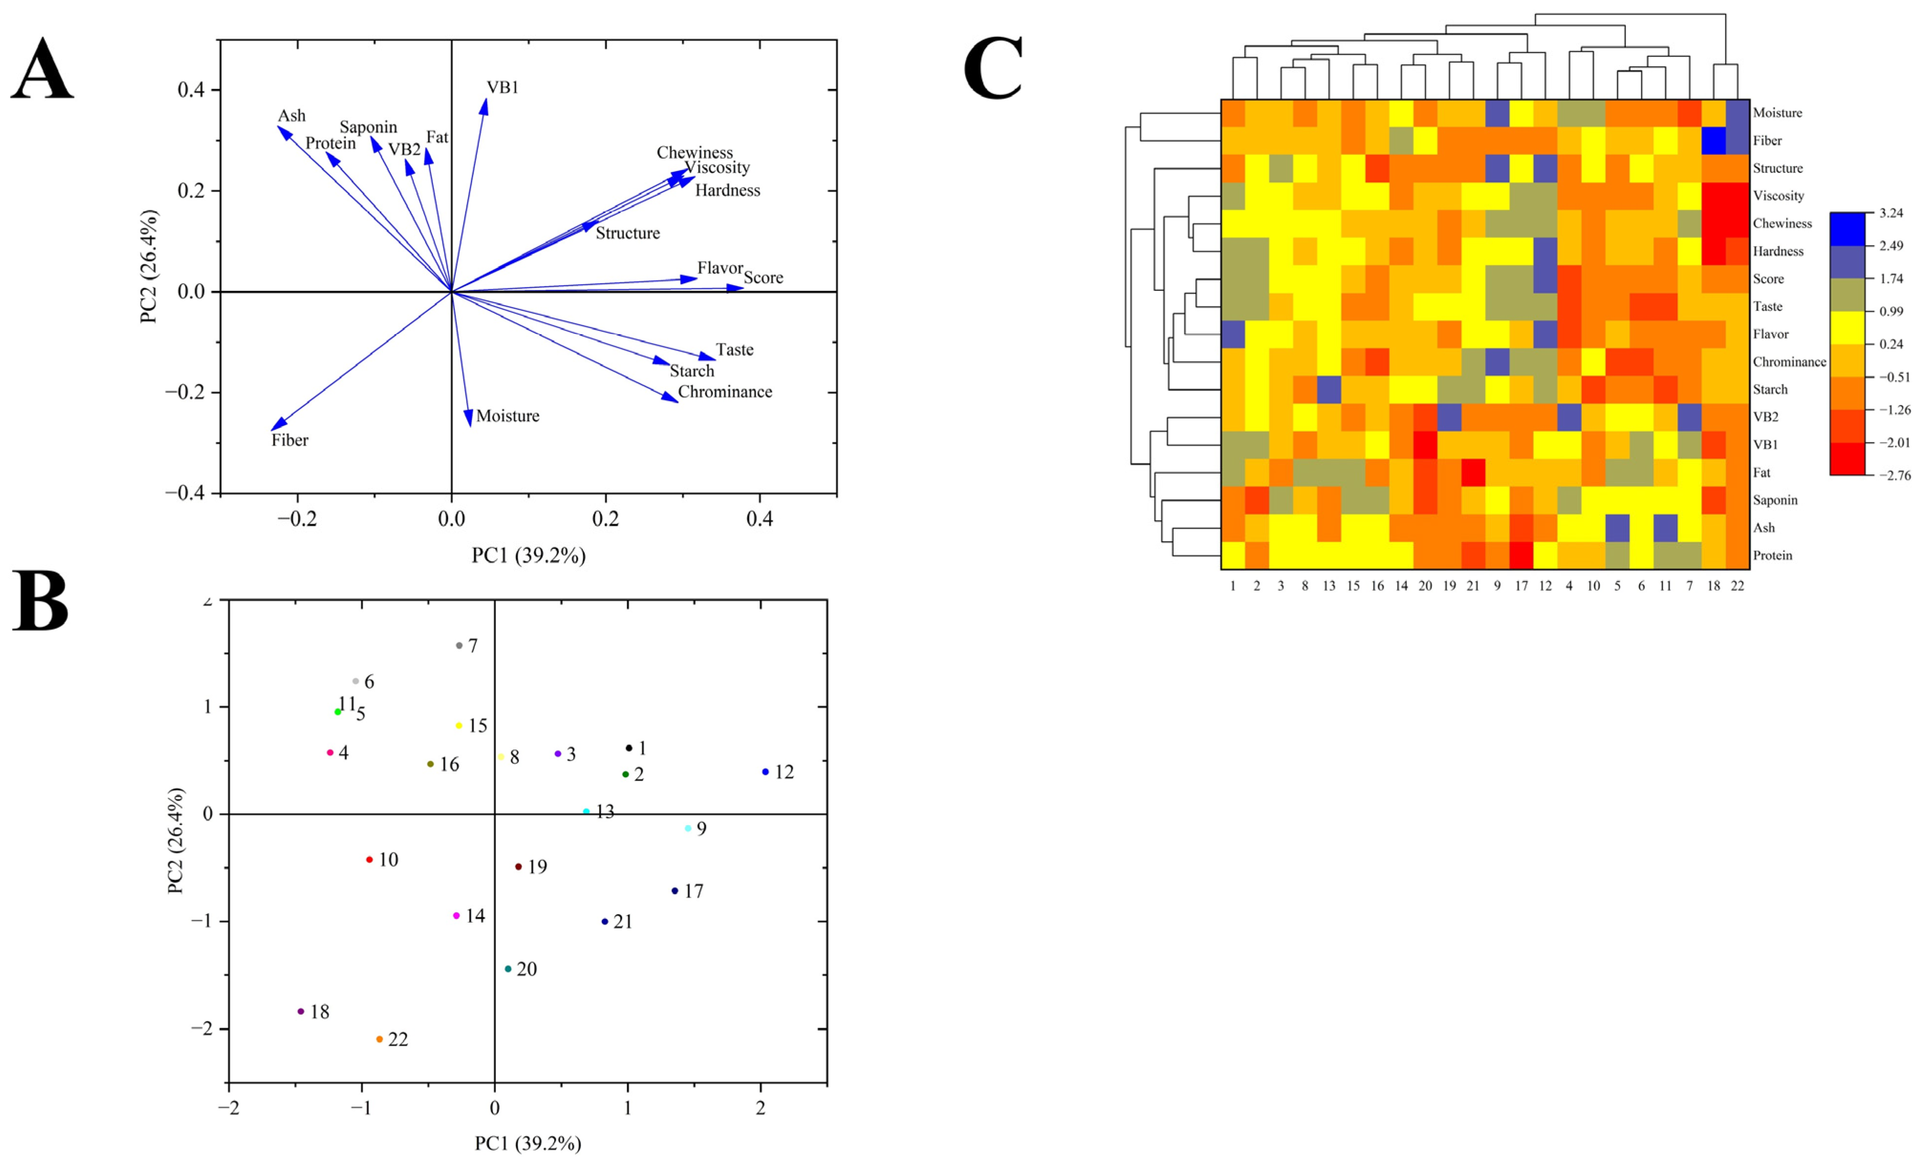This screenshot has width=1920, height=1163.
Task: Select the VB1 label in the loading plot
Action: click(x=503, y=87)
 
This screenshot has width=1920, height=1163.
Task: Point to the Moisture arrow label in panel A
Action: click(x=507, y=416)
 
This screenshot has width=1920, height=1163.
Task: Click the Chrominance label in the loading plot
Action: click(x=725, y=392)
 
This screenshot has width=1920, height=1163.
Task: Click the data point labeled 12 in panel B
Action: click(x=765, y=772)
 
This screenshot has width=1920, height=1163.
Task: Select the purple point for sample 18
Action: click(x=301, y=1011)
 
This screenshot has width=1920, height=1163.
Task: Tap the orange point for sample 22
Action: click(x=379, y=1039)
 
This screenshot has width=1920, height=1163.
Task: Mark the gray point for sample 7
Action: click(x=459, y=646)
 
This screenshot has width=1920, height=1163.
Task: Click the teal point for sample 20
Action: click(x=508, y=969)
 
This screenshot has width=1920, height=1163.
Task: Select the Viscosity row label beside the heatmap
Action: click(x=1778, y=195)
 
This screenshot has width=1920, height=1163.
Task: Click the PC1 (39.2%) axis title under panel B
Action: click(x=527, y=1143)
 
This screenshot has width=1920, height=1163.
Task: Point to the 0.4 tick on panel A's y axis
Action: click(x=191, y=90)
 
